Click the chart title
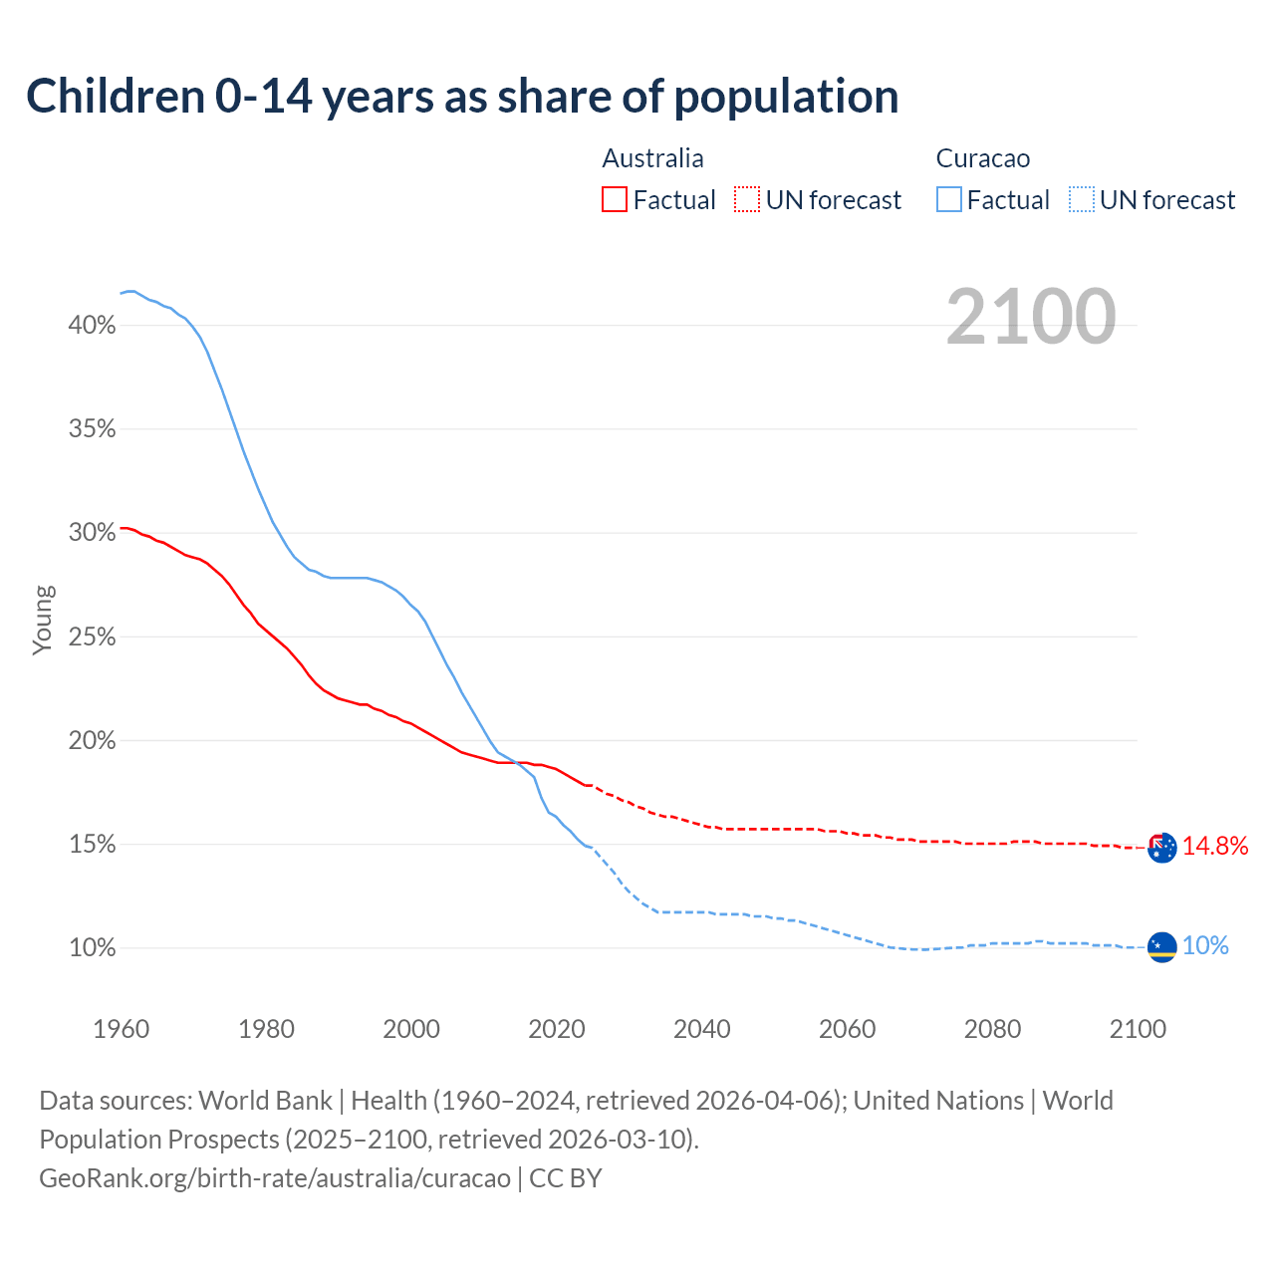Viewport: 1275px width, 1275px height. tap(462, 97)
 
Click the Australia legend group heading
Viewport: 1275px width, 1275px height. tap(652, 158)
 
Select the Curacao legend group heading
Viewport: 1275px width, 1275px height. tap(982, 158)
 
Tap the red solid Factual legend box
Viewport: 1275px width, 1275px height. tap(615, 200)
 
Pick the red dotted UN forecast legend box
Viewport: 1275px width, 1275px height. tap(747, 200)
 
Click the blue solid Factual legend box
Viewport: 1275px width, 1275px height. tap(949, 200)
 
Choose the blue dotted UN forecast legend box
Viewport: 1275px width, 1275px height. tap(1081, 200)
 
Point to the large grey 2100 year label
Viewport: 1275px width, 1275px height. tap(1030, 317)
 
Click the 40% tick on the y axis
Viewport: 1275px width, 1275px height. tap(93, 326)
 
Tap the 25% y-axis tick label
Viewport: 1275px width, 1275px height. tap(93, 637)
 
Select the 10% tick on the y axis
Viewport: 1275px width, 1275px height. tap(93, 948)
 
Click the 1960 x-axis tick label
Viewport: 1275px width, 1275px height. tap(122, 1029)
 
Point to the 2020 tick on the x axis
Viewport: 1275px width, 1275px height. tap(557, 1029)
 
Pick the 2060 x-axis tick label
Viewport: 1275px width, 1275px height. tap(847, 1029)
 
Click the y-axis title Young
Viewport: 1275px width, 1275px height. tap(43, 620)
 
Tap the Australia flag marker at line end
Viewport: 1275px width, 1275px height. tap(1161, 848)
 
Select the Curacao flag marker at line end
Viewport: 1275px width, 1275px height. tap(1161, 947)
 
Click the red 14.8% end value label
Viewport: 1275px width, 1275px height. tap(1215, 847)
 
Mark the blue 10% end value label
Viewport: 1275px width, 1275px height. tap(1205, 946)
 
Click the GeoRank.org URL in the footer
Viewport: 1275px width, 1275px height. tap(275, 1178)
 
